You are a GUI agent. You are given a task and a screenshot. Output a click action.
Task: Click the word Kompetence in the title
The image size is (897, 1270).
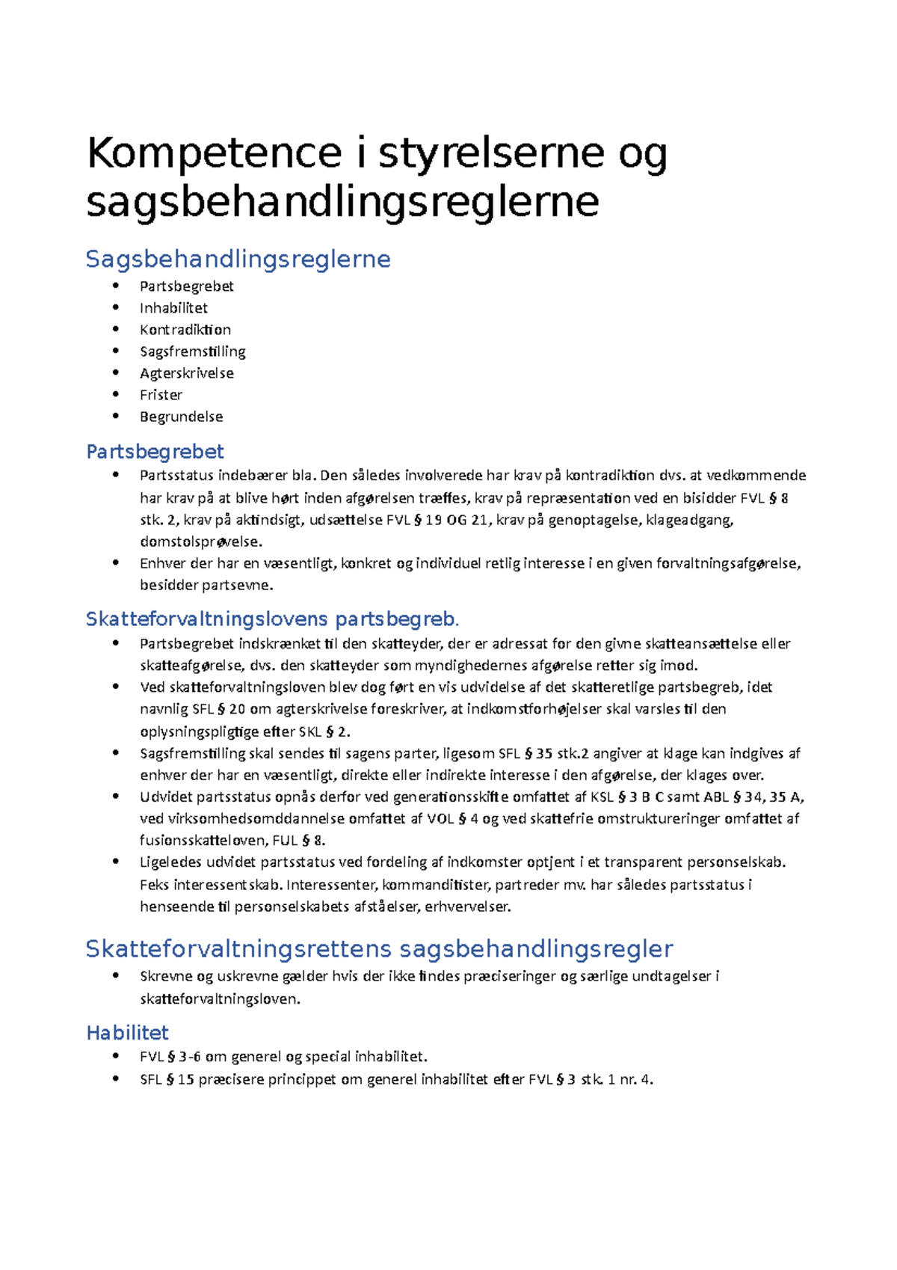point(214,153)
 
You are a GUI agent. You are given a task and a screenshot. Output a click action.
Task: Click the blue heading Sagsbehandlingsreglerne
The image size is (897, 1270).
point(238,259)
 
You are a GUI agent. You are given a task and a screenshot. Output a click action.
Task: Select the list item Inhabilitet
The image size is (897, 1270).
point(173,308)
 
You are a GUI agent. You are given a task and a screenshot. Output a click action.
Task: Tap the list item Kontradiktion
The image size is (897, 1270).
point(185,330)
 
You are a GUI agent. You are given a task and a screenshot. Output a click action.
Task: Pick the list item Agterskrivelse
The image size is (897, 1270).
point(187,373)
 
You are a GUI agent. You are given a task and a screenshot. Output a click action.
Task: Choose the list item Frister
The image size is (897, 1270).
point(161,395)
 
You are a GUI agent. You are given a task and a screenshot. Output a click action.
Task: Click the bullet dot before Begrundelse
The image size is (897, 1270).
point(116,416)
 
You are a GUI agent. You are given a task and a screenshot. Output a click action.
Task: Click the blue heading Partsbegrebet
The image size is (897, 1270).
point(155,452)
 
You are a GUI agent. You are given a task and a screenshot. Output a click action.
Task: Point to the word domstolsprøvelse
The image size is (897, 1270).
point(200,542)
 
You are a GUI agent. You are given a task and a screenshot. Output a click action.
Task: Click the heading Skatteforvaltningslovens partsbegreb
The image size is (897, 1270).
point(272,619)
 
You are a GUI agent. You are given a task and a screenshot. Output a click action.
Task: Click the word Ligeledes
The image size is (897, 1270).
point(171,862)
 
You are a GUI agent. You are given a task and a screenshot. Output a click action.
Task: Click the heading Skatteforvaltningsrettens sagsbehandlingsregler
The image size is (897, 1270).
point(379,949)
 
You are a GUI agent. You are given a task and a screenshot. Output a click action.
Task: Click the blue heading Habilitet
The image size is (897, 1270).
point(128,1033)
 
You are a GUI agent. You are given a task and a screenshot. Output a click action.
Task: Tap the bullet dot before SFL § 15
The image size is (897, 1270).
point(116,1079)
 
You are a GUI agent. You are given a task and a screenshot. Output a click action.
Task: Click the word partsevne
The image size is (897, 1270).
point(237,586)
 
